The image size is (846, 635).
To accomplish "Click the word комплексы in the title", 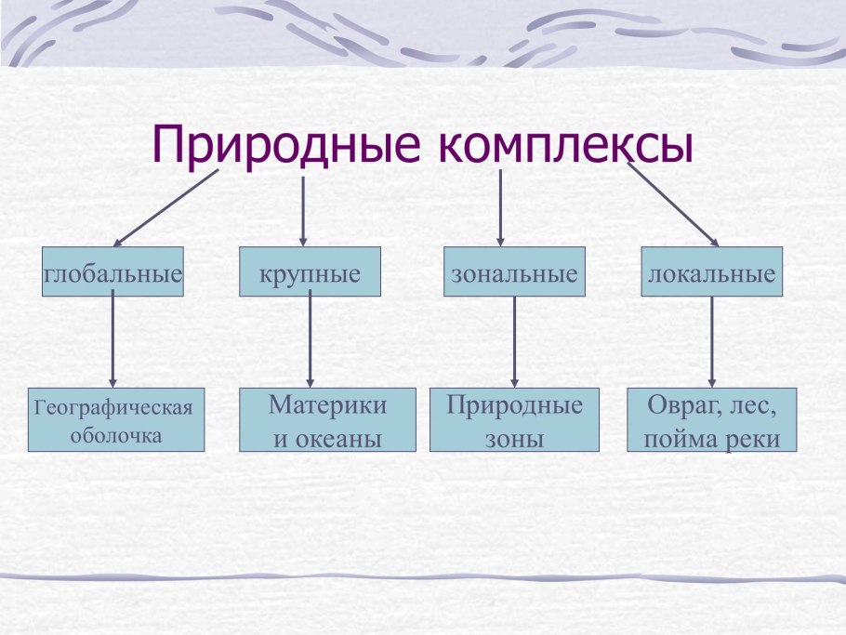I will pos(557,147).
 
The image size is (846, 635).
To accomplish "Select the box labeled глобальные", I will pos(112,274).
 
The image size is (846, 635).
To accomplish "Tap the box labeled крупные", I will pos(310,274).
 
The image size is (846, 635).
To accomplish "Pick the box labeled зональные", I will pos(514,274).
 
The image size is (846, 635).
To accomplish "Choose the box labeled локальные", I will pos(711,274).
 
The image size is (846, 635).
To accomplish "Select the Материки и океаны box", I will pos(326,420).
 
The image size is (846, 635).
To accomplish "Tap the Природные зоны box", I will pos(514,420).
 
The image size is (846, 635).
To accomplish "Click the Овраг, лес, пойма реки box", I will pos(712,420).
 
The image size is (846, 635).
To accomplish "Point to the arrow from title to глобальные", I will pos(165,206).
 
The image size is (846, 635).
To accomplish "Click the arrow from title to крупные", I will pos(303,210).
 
